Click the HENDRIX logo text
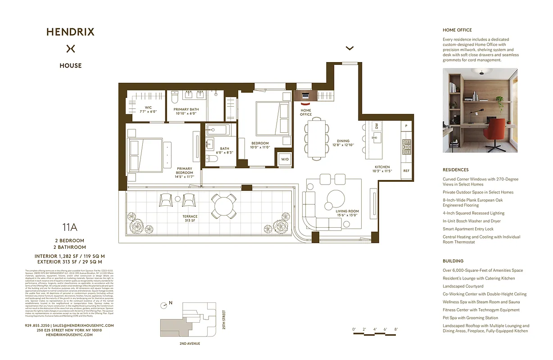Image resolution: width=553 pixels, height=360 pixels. point(71,32)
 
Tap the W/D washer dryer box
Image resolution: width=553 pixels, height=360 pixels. point(285,159)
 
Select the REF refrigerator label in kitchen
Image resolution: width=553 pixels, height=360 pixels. point(406,171)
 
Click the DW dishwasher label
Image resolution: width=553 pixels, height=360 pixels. point(376,126)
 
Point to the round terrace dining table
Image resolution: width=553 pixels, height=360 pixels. point(224,206)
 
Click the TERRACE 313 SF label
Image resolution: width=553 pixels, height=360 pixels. point(190,218)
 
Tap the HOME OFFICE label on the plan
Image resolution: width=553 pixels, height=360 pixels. point(306,112)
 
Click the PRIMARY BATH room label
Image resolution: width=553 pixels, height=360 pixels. point(186,111)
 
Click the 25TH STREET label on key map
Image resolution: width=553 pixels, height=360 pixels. point(224,319)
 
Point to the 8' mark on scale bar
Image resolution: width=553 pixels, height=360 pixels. point(396,329)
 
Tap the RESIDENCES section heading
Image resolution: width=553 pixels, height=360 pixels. point(455,170)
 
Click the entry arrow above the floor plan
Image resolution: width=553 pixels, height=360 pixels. point(349,48)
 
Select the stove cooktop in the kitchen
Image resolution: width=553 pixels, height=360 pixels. point(406,147)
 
